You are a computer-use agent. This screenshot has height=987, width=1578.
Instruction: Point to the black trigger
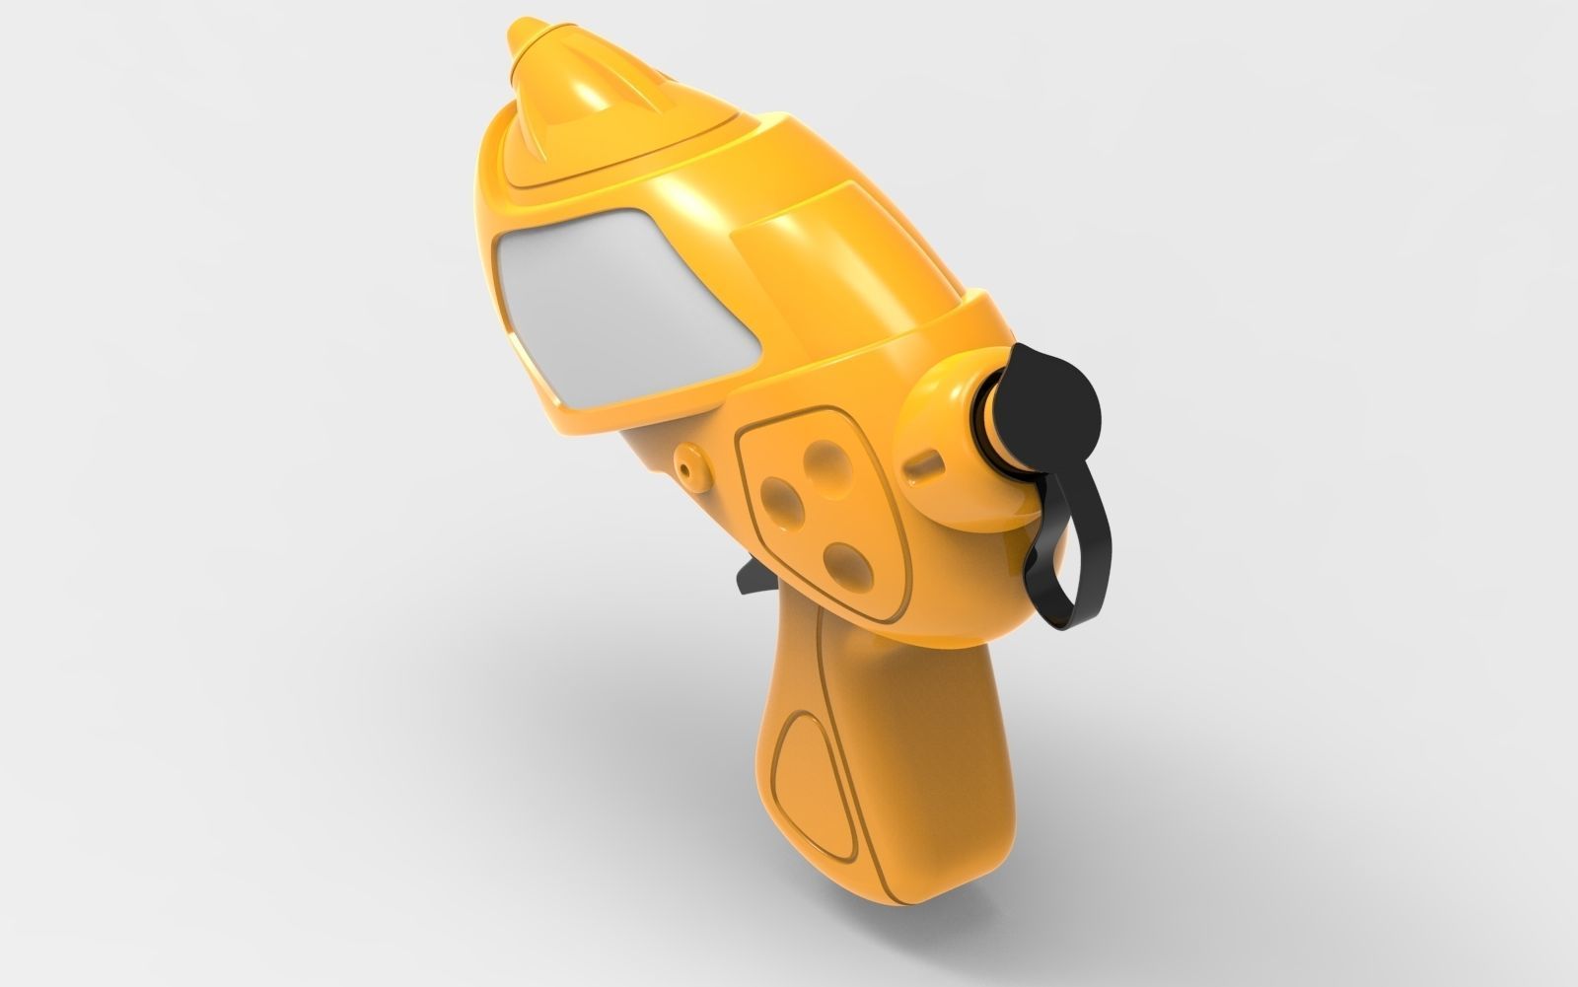tap(747, 581)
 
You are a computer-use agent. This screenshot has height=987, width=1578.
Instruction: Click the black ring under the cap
tap(989, 414)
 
